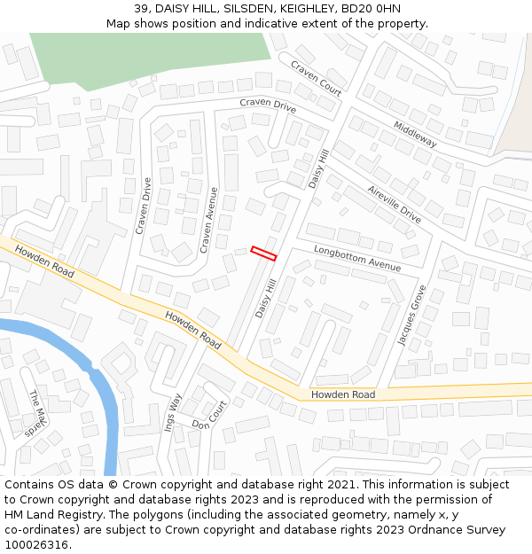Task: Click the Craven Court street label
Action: click(x=316, y=78)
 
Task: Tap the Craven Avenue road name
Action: click(x=208, y=220)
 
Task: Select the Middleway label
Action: click(x=415, y=134)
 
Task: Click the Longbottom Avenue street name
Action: click(x=356, y=259)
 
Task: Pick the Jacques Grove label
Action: click(x=411, y=315)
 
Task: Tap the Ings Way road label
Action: click(x=173, y=411)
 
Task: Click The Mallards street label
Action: click(x=36, y=413)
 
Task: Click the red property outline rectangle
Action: click(x=263, y=254)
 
